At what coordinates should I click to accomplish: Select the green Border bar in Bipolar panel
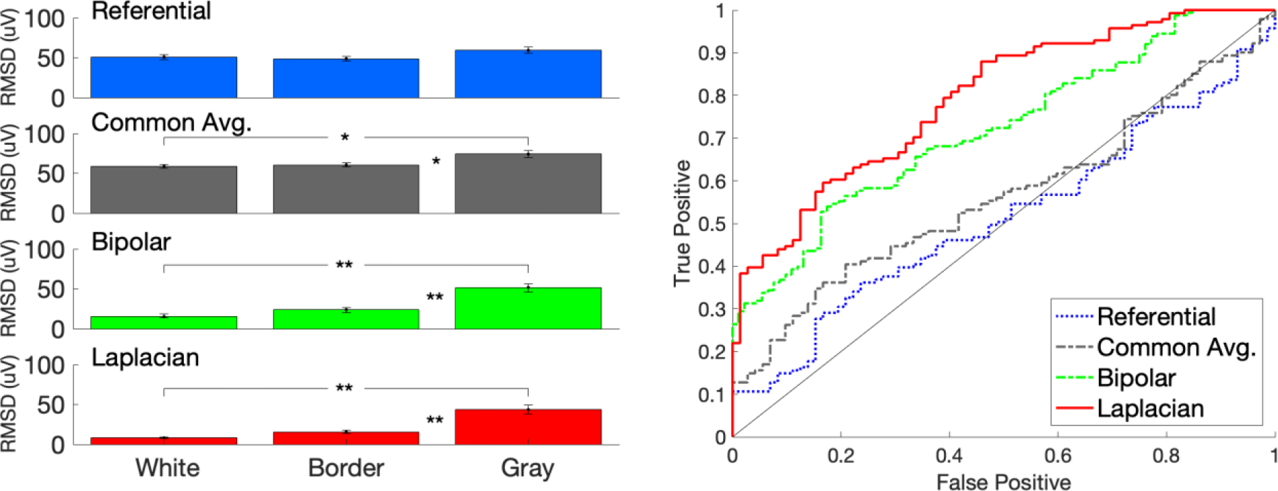click(x=346, y=320)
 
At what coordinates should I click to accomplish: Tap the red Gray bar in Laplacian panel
click(x=528, y=427)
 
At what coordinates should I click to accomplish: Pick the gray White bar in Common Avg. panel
click(x=163, y=190)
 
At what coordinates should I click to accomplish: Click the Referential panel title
click(x=151, y=11)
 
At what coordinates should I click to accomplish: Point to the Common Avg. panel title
click(x=172, y=123)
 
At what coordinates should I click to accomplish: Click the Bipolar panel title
click(x=131, y=242)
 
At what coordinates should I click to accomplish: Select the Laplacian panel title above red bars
click(x=145, y=358)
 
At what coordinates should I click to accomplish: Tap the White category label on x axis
click(x=167, y=468)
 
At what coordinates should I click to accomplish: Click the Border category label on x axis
click(x=346, y=468)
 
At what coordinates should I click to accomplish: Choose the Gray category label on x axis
click(x=527, y=469)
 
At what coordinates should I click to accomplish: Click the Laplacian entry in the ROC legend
click(x=1150, y=408)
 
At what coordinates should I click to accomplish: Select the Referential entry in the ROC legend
click(x=1156, y=316)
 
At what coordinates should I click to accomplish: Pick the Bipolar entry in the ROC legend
click(x=1137, y=378)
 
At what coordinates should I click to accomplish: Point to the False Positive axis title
click(x=1003, y=482)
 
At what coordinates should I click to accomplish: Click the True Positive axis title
click(x=682, y=223)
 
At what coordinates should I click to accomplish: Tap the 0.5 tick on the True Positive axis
click(x=711, y=224)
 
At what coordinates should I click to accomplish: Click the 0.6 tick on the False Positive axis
click(x=1057, y=455)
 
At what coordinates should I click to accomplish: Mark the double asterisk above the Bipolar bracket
click(x=344, y=265)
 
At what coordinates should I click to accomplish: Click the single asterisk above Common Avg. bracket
click(x=345, y=138)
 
